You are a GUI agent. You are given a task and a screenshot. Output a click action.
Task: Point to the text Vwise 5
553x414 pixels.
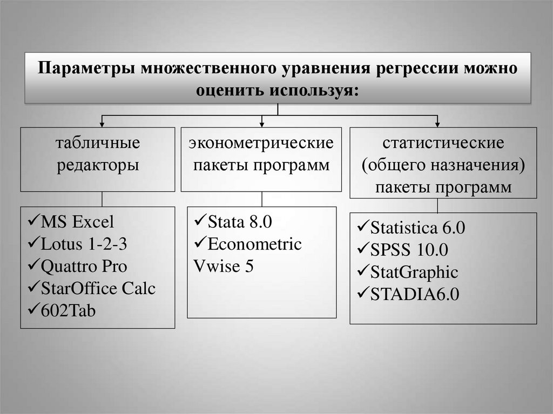223,267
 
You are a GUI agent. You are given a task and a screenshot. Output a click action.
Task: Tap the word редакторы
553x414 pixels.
98,165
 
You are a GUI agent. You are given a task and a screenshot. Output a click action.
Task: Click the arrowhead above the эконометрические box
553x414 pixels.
262,123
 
